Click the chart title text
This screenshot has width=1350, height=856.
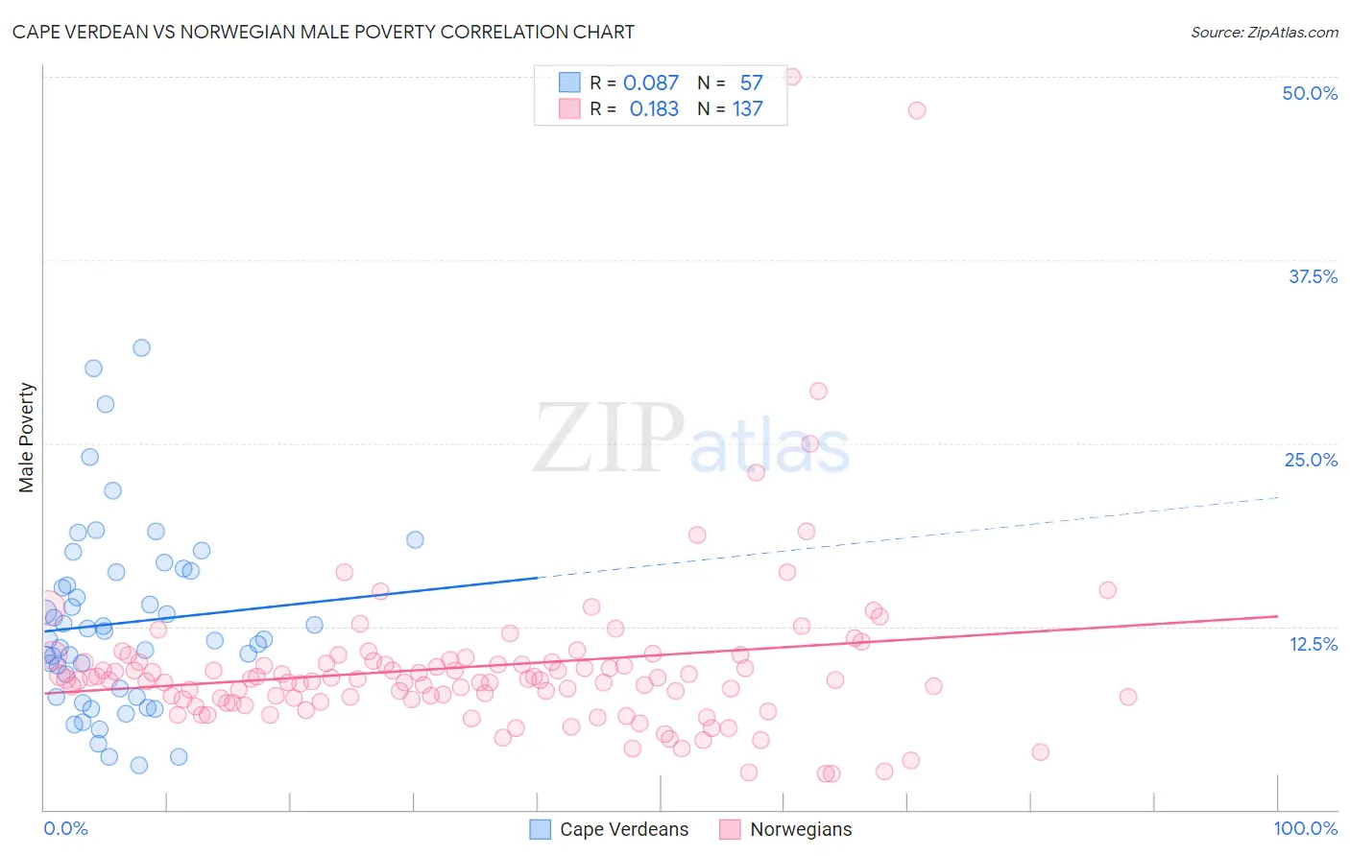coord(324,32)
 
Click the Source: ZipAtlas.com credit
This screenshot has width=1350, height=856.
coord(1264,32)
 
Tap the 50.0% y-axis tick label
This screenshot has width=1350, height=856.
coord(1310,93)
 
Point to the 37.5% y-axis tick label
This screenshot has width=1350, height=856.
coord(1313,276)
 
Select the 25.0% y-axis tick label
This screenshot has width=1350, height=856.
coord(1311,460)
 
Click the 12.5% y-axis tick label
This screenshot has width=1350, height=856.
coord(1313,644)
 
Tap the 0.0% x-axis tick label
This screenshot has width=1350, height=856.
coord(65,828)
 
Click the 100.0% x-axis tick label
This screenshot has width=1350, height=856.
coord(1305,828)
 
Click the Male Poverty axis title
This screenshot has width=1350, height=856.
coord(27,438)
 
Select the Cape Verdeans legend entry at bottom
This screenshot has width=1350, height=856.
coord(610,829)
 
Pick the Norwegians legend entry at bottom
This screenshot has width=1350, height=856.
coord(786,829)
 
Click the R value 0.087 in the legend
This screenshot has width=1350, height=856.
coord(650,83)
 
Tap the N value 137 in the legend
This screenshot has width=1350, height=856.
coord(747,109)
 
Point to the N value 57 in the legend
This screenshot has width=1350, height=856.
coord(751,83)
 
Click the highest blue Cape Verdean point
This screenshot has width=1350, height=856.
coord(141,347)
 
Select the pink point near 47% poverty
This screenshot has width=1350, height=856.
coord(917,110)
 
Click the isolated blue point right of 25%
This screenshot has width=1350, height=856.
coord(415,539)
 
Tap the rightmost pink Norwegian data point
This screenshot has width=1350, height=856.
coord(1128,697)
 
